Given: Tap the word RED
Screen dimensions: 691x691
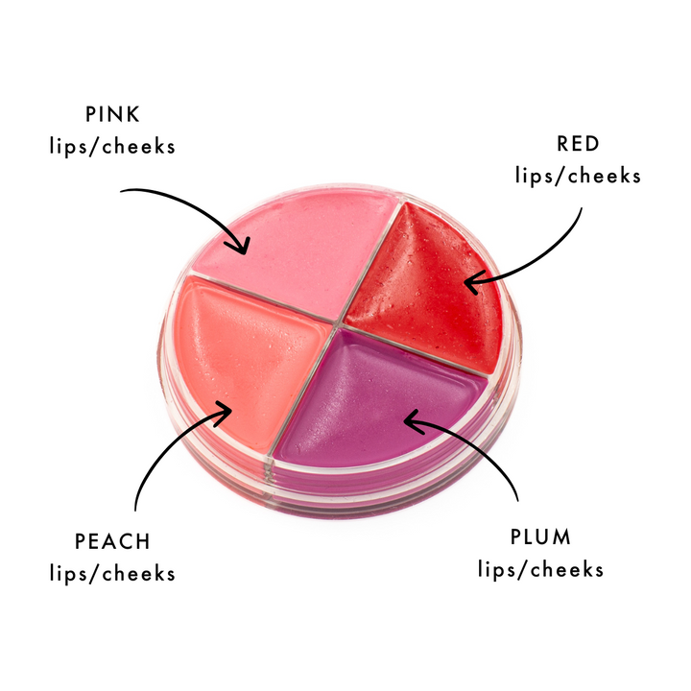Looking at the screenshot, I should click(x=577, y=144).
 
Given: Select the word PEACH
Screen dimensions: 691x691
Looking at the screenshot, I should click(x=112, y=541).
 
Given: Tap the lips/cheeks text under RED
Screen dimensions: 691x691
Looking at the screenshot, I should click(x=577, y=176).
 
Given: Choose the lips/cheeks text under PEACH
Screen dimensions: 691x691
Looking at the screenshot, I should click(x=112, y=574).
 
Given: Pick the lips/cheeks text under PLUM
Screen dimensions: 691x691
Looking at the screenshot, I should click(x=540, y=568).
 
